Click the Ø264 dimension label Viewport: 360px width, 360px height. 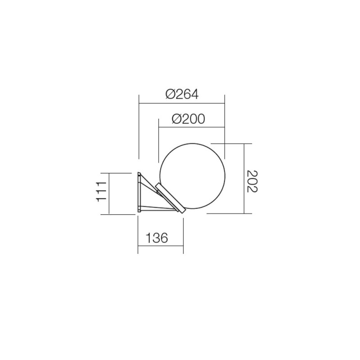[x=182, y=94]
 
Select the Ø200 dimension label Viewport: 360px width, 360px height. [x=188, y=119]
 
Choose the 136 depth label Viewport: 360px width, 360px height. [x=157, y=238]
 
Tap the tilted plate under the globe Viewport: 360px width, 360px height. [x=170, y=198]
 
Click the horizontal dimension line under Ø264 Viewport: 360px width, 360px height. [x=182, y=103]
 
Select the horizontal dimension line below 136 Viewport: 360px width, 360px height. [x=160, y=247]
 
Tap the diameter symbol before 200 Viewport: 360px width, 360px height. [x=176, y=119]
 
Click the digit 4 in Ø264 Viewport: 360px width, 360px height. [x=194, y=94]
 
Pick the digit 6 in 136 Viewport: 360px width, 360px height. [x=164, y=238]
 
